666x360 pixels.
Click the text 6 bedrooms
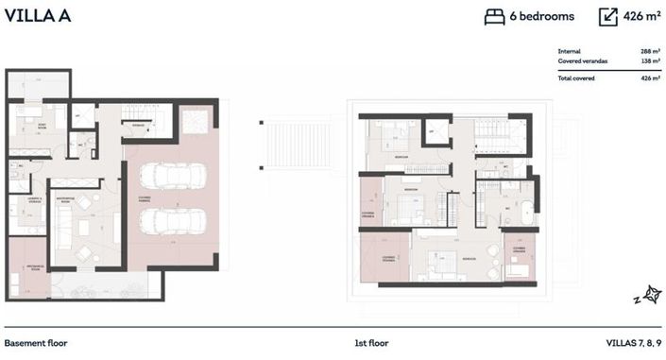542,16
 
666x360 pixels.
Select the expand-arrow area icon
608,16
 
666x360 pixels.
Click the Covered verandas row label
583,61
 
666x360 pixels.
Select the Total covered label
576,77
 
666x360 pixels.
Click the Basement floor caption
36,343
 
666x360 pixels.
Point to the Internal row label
569,52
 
